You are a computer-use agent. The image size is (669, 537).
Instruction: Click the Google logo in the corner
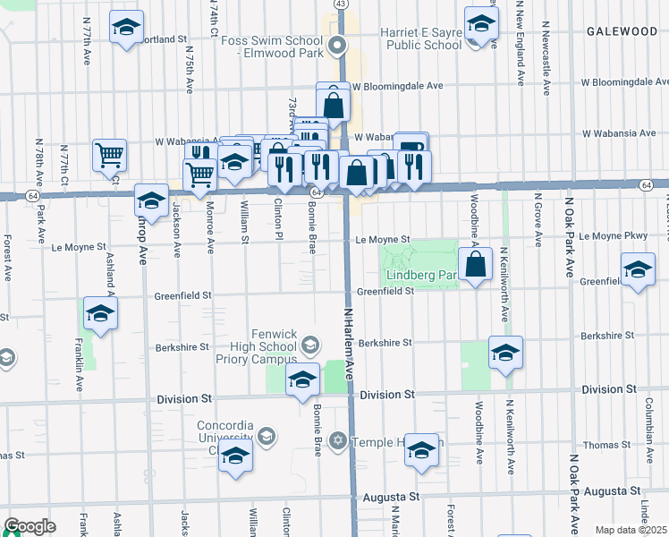click(x=30, y=527)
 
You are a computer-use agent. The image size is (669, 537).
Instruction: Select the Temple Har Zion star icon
click(x=337, y=440)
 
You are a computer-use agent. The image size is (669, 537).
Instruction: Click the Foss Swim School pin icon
click(x=337, y=45)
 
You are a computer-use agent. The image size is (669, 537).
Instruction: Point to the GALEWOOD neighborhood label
click(x=622, y=31)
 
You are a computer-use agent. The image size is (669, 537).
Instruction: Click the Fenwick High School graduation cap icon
click(x=310, y=345)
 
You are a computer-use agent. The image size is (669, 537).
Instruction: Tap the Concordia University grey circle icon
click(x=266, y=437)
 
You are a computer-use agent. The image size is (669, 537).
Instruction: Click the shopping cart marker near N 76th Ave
click(x=109, y=155)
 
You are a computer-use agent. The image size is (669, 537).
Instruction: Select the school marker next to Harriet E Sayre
click(x=481, y=25)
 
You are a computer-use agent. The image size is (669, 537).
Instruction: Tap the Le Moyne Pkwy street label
click(x=612, y=236)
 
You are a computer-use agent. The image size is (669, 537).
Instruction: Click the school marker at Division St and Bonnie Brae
click(x=302, y=379)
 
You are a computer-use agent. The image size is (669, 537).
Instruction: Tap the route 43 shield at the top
click(x=341, y=4)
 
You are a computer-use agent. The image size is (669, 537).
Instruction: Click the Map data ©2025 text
click(x=631, y=530)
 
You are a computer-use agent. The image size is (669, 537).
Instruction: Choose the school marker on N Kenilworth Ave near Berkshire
click(x=505, y=354)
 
